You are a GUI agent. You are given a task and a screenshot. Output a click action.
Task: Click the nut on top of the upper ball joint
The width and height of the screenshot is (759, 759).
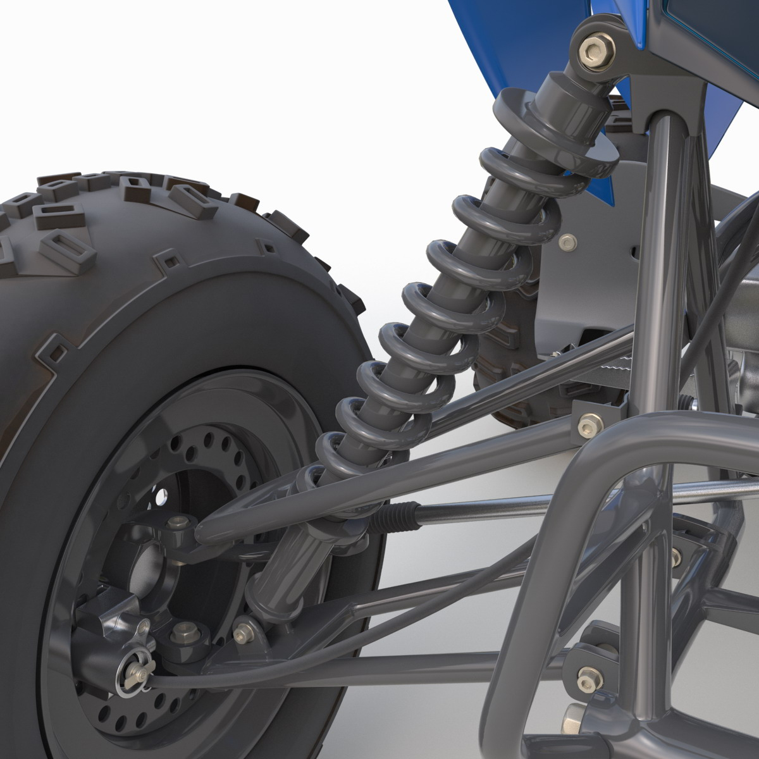[x=179, y=523]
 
